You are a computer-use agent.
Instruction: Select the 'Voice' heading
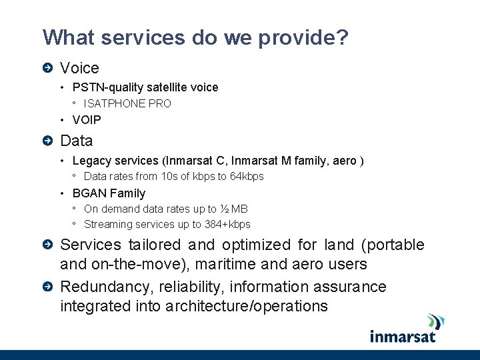79,68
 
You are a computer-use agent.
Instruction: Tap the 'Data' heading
76,141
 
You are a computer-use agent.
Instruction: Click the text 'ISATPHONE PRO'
127,103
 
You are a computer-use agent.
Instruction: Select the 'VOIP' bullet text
87,120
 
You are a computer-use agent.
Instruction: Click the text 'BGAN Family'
109,193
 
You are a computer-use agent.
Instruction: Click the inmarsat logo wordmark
403,335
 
